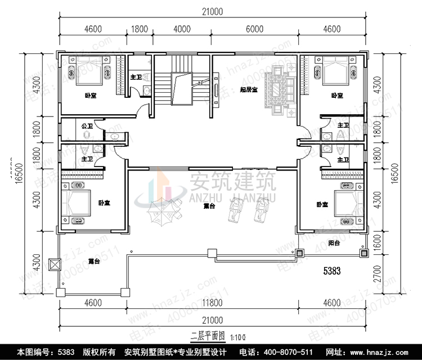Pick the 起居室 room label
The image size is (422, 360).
pos(248,89)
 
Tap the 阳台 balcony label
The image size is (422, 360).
pos(334,243)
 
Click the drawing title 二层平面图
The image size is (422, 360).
pos(208,336)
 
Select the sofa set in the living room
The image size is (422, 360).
pos(280,89)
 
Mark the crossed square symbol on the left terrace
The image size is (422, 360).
pos(55,264)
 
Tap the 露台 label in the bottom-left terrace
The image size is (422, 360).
pos(95,262)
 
